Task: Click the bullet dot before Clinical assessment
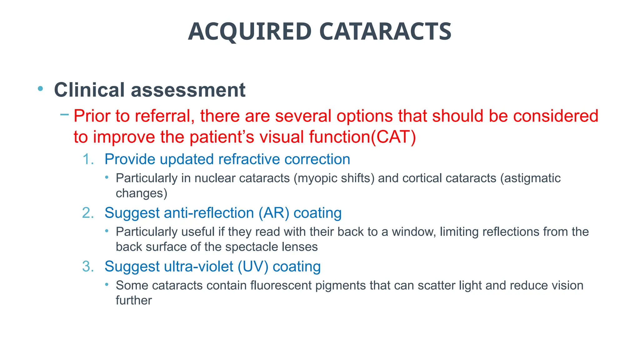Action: coord(40,89)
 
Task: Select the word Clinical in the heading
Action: coord(89,90)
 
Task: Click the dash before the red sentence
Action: coord(64,114)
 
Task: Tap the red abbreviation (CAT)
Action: coord(393,137)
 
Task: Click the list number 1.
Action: coord(88,159)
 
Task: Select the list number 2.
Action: coord(88,213)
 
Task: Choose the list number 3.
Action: coord(88,267)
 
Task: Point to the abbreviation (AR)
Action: coord(273,213)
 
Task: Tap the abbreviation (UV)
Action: coord(253,267)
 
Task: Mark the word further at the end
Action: coord(134,301)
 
